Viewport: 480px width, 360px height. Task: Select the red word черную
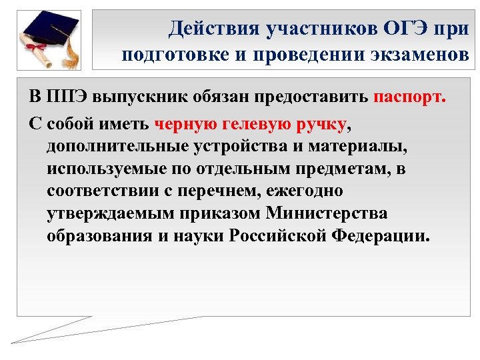click(185, 123)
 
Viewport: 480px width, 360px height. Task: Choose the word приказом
click(222, 213)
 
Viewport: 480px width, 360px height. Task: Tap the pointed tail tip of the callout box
click(13, 342)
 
